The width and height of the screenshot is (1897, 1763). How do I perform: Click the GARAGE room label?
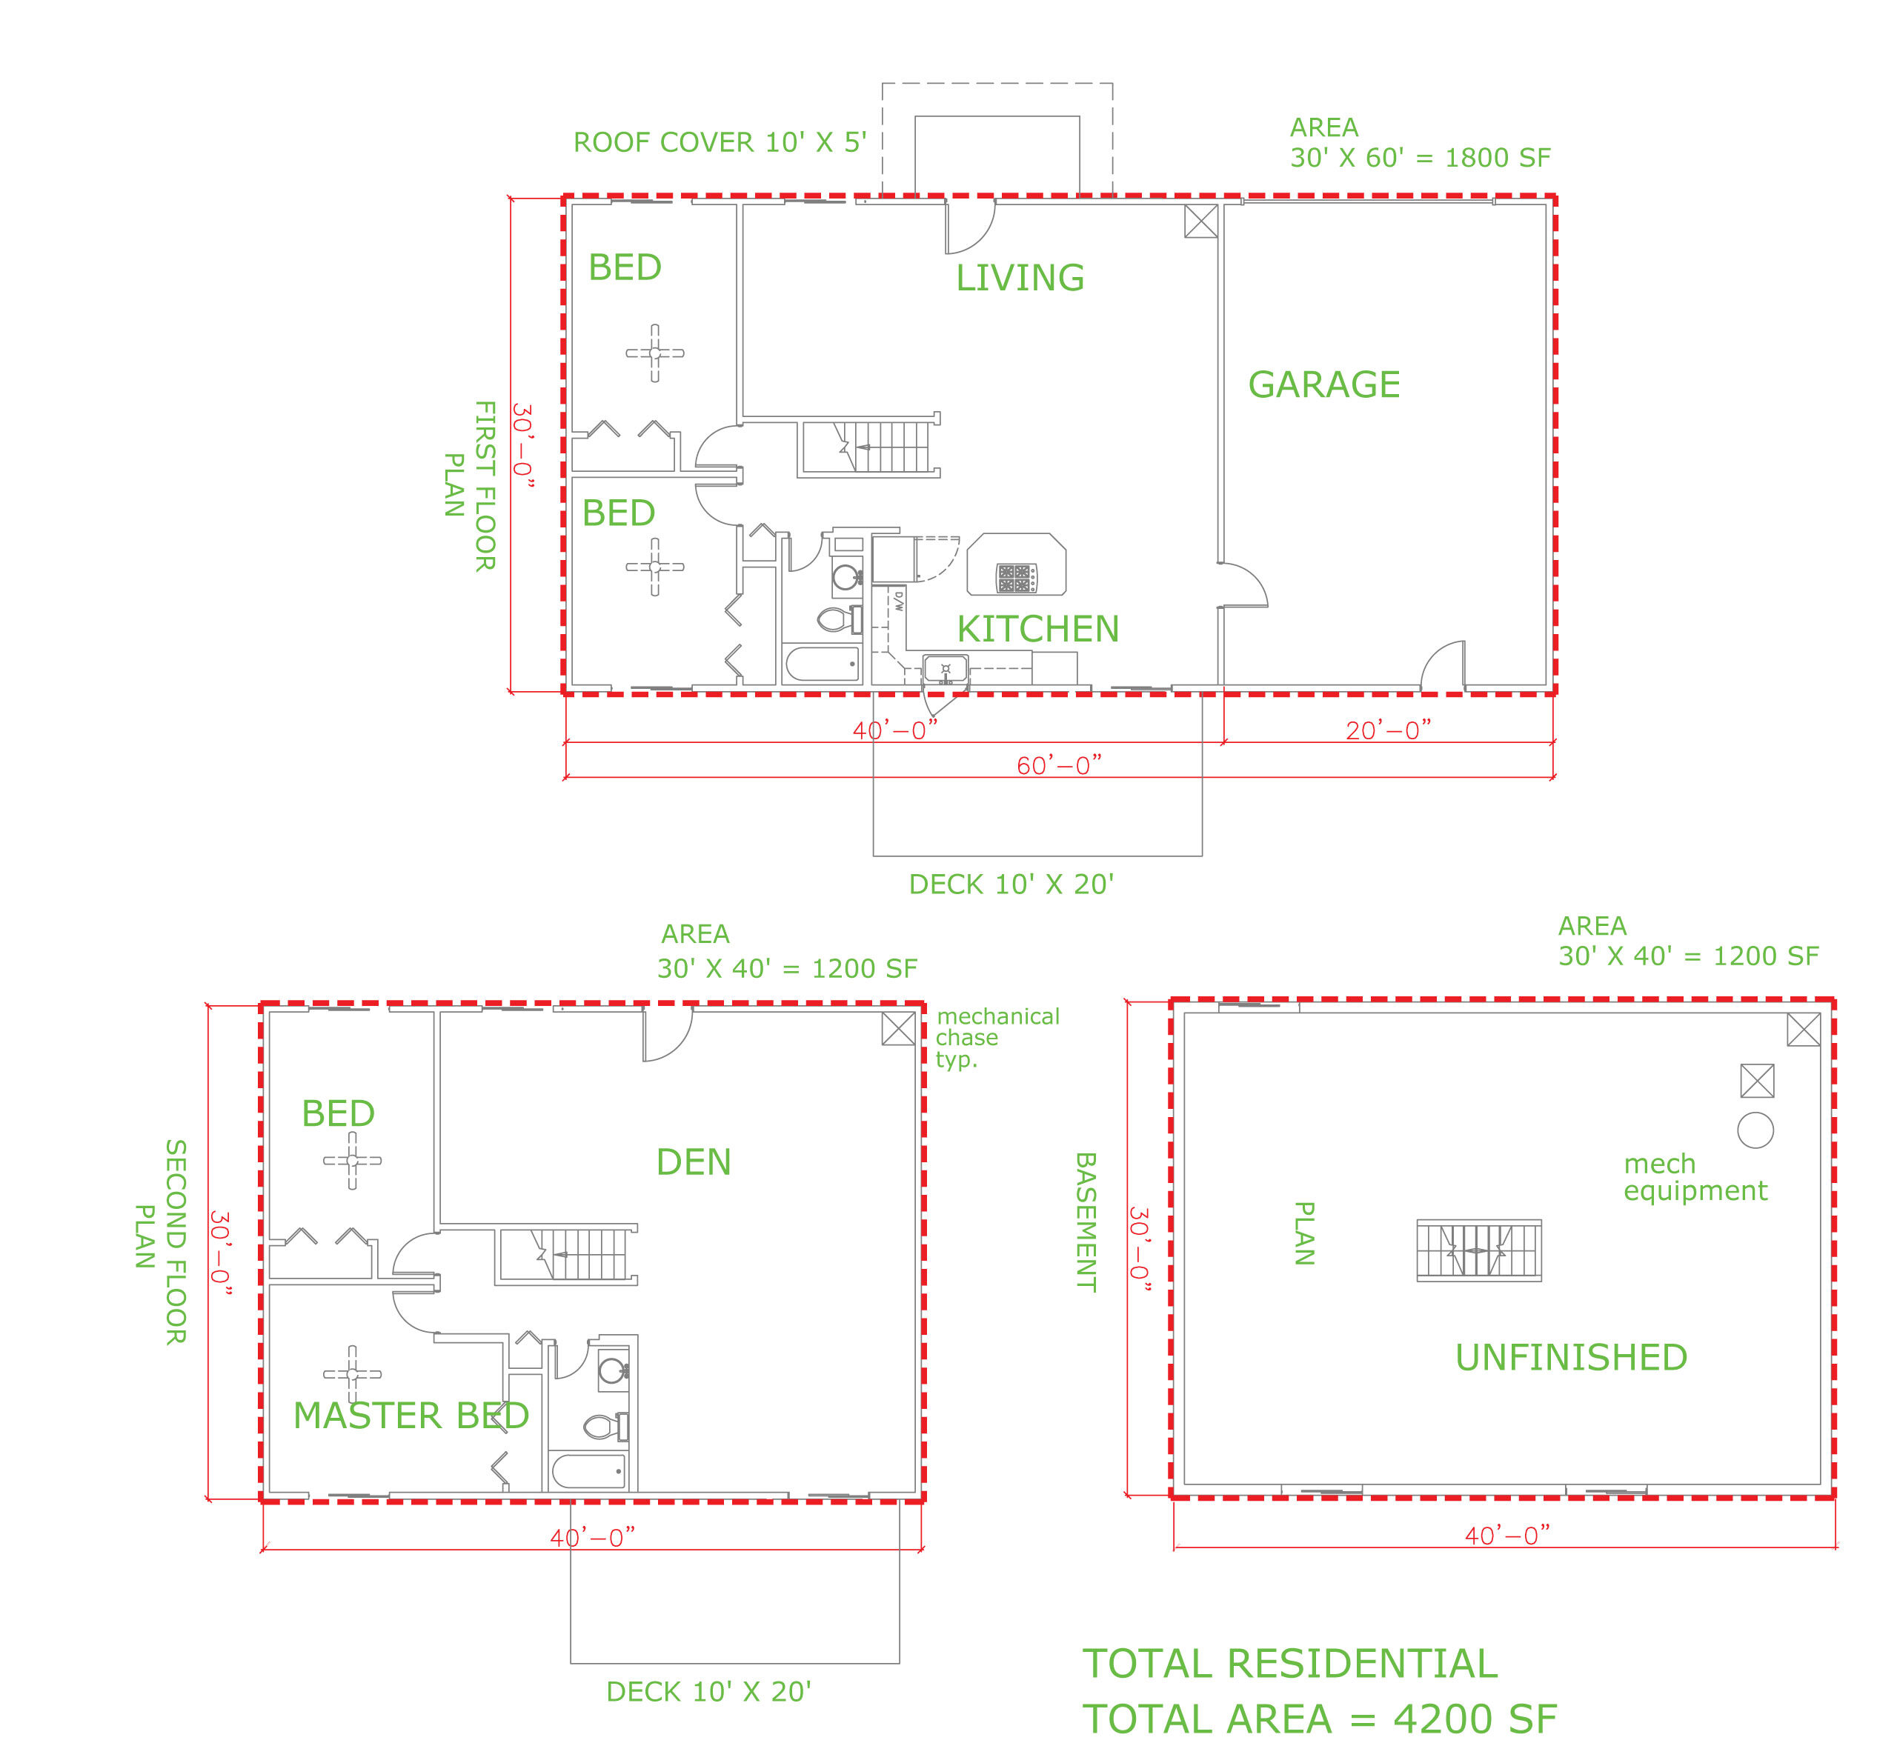[1323, 384]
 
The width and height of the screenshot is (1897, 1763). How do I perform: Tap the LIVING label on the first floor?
[1020, 278]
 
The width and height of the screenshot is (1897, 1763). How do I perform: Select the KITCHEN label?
[1037, 629]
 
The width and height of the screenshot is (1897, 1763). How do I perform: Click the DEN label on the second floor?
[694, 1162]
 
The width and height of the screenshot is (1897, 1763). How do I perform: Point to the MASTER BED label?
[411, 1416]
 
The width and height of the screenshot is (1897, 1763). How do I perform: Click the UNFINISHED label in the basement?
[1571, 1358]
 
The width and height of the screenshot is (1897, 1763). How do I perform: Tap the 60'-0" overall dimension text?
[1058, 766]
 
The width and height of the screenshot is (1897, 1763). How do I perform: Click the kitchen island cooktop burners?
[1016, 577]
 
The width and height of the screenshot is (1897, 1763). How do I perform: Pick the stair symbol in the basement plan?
[1478, 1250]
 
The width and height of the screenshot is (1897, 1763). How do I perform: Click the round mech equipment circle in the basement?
[1755, 1130]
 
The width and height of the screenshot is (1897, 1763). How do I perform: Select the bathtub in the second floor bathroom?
[589, 1471]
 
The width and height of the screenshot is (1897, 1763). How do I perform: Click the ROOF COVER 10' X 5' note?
[720, 142]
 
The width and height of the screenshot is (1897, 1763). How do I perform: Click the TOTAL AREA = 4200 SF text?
[1319, 1719]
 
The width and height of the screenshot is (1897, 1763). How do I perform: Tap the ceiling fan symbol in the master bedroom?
[352, 1374]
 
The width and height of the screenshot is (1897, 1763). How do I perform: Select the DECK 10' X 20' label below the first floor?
[1011, 884]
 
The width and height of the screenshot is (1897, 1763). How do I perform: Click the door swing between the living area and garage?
[1244, 584]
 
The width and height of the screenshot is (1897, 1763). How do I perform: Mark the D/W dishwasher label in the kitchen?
[898, 601]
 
